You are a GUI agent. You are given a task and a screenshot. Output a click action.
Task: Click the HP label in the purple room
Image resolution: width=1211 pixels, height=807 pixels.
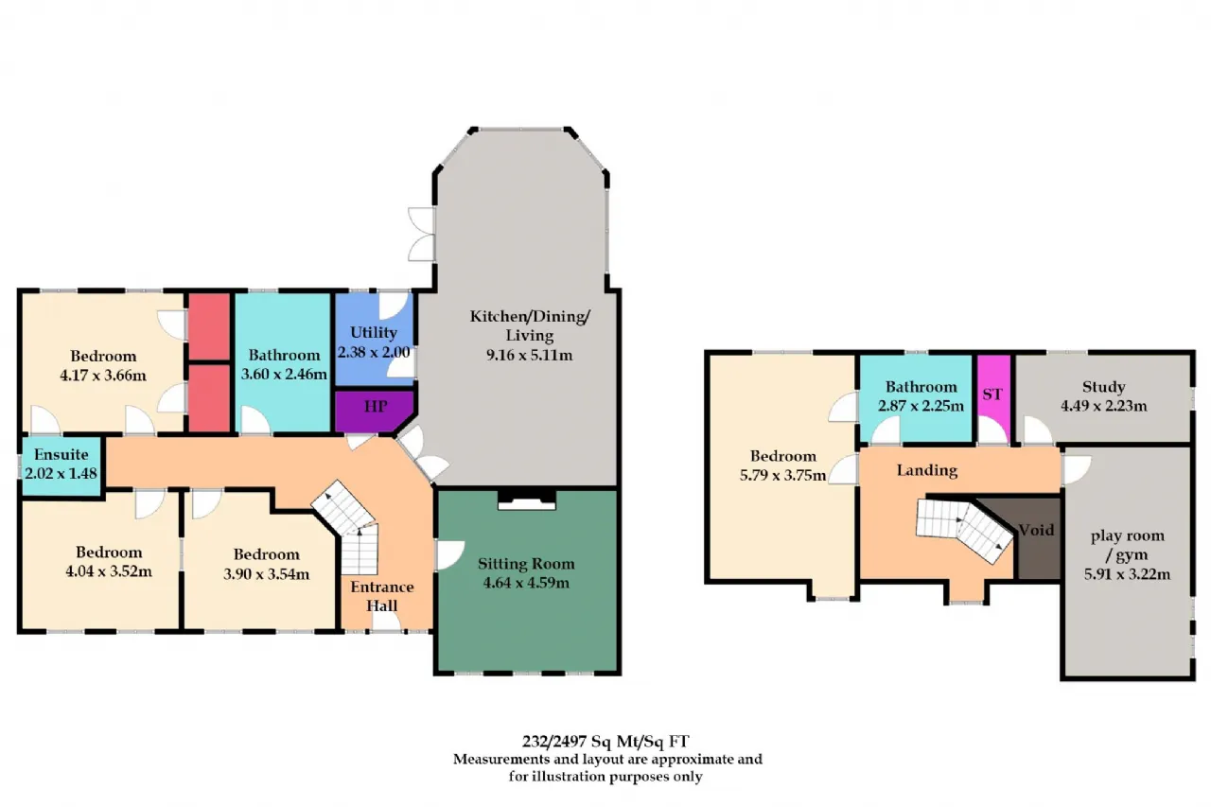(x=376, y=407)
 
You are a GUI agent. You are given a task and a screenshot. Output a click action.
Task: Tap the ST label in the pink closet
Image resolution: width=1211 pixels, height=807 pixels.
(x=992, y=395)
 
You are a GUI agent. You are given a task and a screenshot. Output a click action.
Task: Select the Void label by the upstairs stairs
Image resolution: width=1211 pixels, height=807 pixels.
(x=1036, y=530)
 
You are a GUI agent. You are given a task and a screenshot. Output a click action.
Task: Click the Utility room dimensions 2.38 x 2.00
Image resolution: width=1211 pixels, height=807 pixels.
(x=374, y=352)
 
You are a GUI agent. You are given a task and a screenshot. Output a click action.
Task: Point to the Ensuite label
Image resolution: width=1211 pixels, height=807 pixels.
(x=61, y=454)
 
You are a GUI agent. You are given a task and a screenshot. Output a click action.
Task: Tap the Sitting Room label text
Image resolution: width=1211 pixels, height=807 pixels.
(x=526, y=564)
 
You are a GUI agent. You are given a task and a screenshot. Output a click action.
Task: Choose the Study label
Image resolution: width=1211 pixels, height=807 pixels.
(x=1103, y=387)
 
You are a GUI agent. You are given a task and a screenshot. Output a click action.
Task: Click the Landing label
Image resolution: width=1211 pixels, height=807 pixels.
(x=927, y=470)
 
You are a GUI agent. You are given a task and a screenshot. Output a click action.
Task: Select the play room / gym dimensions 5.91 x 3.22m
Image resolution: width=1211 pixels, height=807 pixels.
(x=1127, y=574)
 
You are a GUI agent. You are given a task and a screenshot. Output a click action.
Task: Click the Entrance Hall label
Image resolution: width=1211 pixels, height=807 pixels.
(x=382, y=596)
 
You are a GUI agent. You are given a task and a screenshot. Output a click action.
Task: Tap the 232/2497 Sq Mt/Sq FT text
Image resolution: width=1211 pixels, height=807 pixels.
(x=605, y=741)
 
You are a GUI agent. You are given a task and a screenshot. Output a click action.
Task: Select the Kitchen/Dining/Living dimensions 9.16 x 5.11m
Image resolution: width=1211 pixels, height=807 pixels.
(x=529, y=355)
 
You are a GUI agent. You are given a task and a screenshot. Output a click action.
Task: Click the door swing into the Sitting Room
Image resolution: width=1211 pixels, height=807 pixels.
(x=450, y=555)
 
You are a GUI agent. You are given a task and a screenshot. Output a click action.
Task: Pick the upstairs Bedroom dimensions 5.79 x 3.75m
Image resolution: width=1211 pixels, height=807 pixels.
(x=782, y=475)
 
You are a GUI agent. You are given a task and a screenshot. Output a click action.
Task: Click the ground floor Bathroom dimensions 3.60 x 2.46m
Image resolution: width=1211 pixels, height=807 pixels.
(x=284, y=374)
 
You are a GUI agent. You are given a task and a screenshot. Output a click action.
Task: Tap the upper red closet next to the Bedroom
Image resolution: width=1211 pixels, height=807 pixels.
(x=210, y=326)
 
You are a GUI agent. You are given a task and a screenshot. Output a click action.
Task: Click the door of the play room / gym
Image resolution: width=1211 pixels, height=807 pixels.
(x=1077, y=469)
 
